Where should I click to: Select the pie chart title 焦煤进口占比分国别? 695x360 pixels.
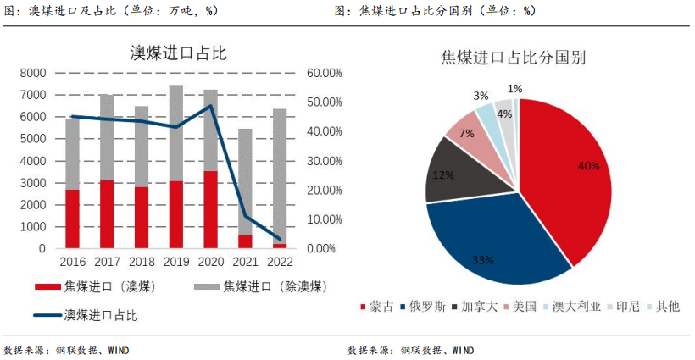point(514,58)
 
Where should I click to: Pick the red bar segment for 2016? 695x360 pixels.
point(73,219)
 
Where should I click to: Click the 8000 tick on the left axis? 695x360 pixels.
point(33,74)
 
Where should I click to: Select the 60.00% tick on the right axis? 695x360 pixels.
point(324,74)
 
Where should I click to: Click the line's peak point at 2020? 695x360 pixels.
point(210,106)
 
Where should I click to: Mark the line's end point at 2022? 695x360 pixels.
point(279,240)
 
